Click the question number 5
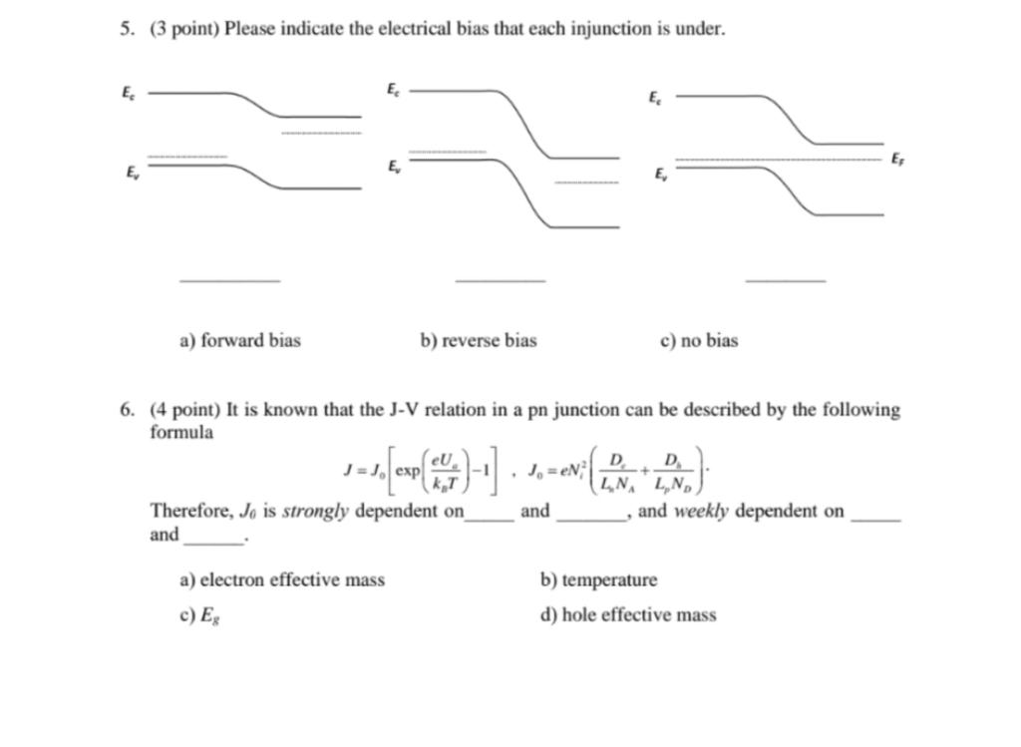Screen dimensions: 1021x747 pos(126,29)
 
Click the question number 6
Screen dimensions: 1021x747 pos(126,410)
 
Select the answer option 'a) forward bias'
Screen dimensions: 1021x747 pos(239,341)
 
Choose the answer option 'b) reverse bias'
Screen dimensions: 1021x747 pos(479,341)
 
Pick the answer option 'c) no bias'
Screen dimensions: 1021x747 pos(699,341)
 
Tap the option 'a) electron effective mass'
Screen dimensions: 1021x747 pos(282,580)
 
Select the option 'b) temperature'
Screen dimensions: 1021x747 pos(598,580)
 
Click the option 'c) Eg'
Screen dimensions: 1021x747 pos(199,615)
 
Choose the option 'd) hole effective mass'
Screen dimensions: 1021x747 pos(628,615)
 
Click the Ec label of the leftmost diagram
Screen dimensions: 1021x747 pos(128,93)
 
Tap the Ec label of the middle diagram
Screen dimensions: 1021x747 pos(393,90)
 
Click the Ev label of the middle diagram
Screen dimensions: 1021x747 pos(395,166)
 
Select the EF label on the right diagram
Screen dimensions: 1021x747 pos(897,159)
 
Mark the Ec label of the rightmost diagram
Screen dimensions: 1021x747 pos(654,98)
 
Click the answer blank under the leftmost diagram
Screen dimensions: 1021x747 pos(229,279)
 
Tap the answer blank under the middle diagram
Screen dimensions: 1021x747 pos(500,279)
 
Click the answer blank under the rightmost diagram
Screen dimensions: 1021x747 pos(785,279)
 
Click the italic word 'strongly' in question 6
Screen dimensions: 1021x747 pos(315,512)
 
